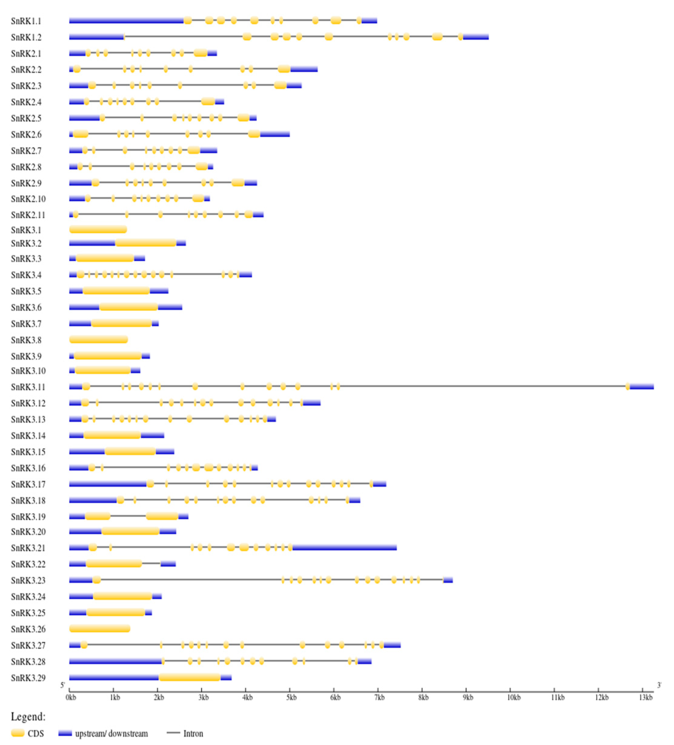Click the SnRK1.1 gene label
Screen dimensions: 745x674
tap(26, 21)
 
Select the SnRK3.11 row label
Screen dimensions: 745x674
tap(28, 387)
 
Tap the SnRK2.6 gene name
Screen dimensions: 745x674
tap(26, 134)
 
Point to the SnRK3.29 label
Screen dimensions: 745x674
tap(28, 678)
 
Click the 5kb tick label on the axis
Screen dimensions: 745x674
tap(291, 697)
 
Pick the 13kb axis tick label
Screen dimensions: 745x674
tap(646, 697)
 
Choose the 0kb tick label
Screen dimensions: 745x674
tap(71, 697)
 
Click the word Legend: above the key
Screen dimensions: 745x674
tap(28, 717)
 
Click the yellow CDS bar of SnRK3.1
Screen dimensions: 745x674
tap(98, 230)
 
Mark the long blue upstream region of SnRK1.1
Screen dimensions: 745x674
tap(126, 21)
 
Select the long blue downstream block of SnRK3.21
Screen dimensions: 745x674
tap(344, 547)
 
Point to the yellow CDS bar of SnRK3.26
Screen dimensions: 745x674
tap(100, 629)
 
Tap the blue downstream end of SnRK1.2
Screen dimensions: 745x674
tap(476, 37)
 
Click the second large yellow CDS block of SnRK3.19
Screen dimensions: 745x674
tap(162, 516)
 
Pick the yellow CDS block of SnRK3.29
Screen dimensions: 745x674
tap(189, 677)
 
